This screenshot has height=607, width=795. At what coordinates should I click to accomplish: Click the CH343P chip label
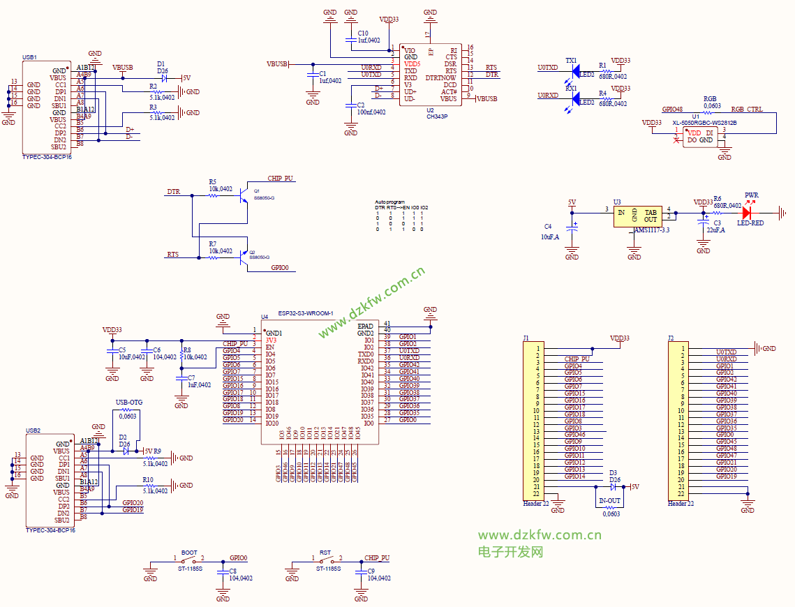(x=437, y=117)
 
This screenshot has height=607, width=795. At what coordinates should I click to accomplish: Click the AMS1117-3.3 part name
(x=651, y=230)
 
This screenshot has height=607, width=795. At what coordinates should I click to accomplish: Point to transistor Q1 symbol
(x=244, y=195)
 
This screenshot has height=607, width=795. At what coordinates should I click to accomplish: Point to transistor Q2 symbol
(x=244, y=256)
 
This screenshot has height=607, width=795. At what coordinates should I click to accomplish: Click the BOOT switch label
(x=188, y=553)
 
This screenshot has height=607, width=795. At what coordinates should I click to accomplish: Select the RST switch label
(x=325, y=553)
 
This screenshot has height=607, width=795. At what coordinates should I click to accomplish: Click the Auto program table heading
(x=389, y=202)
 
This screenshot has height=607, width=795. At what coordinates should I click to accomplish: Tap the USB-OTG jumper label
(x=128, y=403)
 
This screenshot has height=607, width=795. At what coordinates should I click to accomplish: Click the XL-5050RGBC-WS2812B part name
(x=704, y=123)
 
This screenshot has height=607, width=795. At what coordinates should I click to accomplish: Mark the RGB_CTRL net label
(x=747, y=110)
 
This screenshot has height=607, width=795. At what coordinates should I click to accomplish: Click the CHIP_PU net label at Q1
(x=281, y=179)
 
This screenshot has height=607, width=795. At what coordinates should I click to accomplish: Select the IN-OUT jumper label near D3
(x=609, y=501)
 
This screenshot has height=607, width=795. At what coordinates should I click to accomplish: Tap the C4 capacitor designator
(x=548, y=227)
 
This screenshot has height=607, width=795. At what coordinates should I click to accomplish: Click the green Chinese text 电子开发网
(x=510, y=552)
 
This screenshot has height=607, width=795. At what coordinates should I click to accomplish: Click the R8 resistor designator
(x=186, y=350)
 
